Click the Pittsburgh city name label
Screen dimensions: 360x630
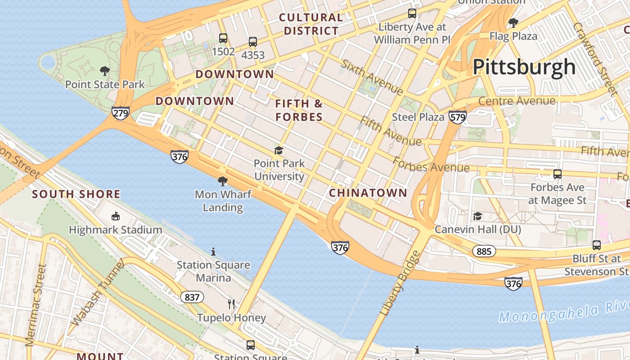pos(524,67)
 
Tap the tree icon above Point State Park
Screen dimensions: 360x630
pos(105,71)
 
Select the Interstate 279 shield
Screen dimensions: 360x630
pos(121,113)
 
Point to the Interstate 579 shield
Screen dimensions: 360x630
pos(457,117)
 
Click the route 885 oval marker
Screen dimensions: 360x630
pos(484,251)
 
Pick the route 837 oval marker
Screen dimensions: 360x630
pos(192,297)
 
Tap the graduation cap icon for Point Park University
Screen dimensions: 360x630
pos(279,150)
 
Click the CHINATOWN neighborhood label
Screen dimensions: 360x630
pos(368,193)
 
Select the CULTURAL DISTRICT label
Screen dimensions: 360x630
pos(311,24)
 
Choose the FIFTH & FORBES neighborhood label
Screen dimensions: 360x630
pos(299,110)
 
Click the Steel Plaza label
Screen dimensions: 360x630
pos(418,117)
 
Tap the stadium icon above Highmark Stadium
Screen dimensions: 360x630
pos(116,216)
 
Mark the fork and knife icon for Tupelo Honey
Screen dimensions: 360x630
pos(231,304)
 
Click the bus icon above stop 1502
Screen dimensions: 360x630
pos(223,38)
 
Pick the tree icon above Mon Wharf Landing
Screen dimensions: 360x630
pos(222,181)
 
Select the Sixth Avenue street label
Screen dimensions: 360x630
pos(372,77)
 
